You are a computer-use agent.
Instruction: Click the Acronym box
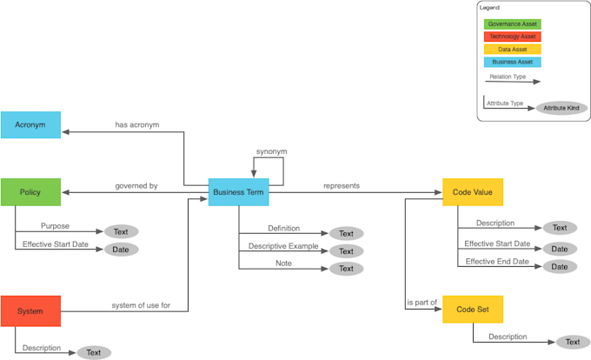pyautogui.click(x=30, y=124)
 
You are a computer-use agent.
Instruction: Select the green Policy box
pyautogui.click(x=30, y=191)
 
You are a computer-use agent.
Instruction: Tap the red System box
pyautogui.click(x=30, y=310)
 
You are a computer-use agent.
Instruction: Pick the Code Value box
pyautogui.click(x=473, y=191)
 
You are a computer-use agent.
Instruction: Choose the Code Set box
pyautogui.click(x=473, y=310)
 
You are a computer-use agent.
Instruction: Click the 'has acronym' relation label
pyautogui.click(x=137, y=124)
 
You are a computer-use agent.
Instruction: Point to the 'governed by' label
pyautogui.click(x=136, y=186)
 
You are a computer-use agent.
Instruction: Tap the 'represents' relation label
pyautogui.click(x=342, y=185)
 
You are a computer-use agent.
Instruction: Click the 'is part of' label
pyautogui.click(x=422, y=303)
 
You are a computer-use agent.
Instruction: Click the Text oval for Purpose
pyautogui.click(x=122, y=231)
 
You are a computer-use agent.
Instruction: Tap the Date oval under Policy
pyautogui.click(x=122, y=250)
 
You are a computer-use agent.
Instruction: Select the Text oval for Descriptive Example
pyautogui.click(x=346, y=251)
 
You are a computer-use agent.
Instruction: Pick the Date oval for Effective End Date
pyautogui.click(x=560, y=267)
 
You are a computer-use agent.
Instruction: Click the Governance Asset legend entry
pyautogui.click(x=513, y=24)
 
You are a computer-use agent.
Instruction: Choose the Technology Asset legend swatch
pyautogui.click(x=513, y=37)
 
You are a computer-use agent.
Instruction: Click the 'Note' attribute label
pyautogui.click(x=283, y=263)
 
